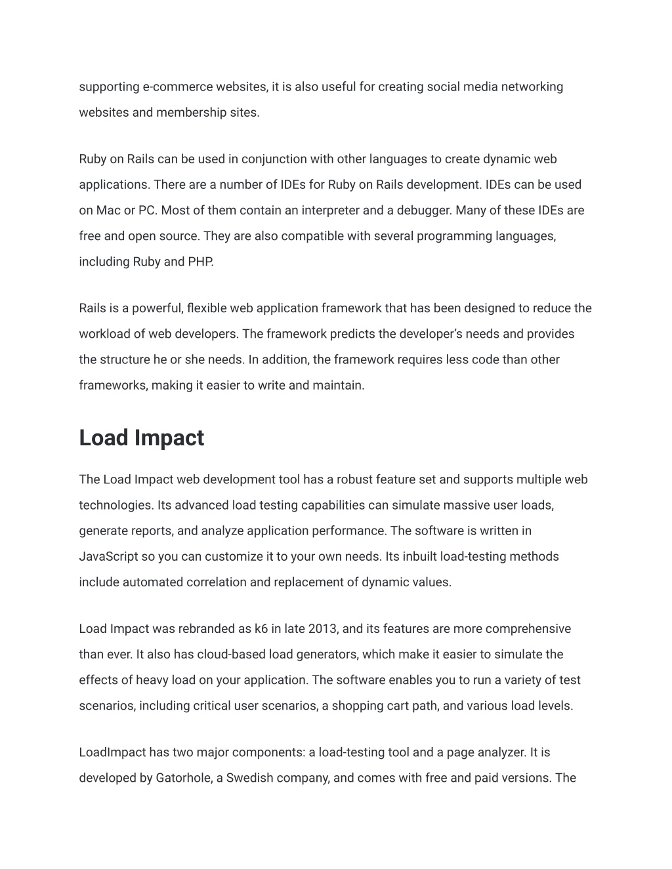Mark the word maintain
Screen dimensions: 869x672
click(x=338, y=386)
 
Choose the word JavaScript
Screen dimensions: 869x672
click(x=108, y=557)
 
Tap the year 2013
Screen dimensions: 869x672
click(x=322, y=629)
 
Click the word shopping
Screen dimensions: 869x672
click(x=356, y=706)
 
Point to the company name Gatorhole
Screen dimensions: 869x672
click(x=183, y=778)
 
